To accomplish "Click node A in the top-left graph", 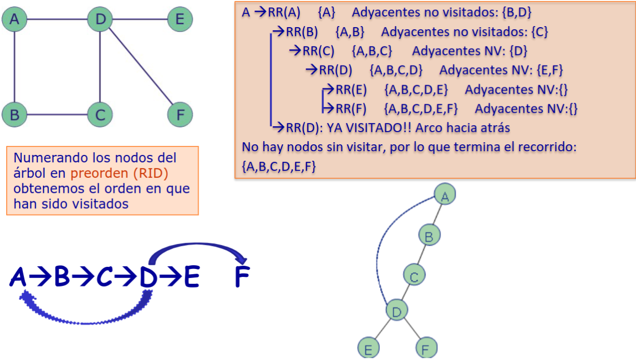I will click(x=14, y=20).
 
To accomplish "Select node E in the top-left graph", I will click(x=180, y=20).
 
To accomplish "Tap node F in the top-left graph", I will click(x=180, y=114).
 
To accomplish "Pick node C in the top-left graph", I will click(x=100, y=114).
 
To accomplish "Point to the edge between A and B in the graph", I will click(x=14, y=67).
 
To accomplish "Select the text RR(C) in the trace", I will click(x=319, y=51).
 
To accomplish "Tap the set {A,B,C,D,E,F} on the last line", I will click(x=279, y=167).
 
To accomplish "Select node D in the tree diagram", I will click(x=396, y=311).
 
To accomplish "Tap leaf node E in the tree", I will click(x=368, y=348).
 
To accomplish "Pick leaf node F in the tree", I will click(x=426, y=348).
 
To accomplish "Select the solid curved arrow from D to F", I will click(x=197, y=246).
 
